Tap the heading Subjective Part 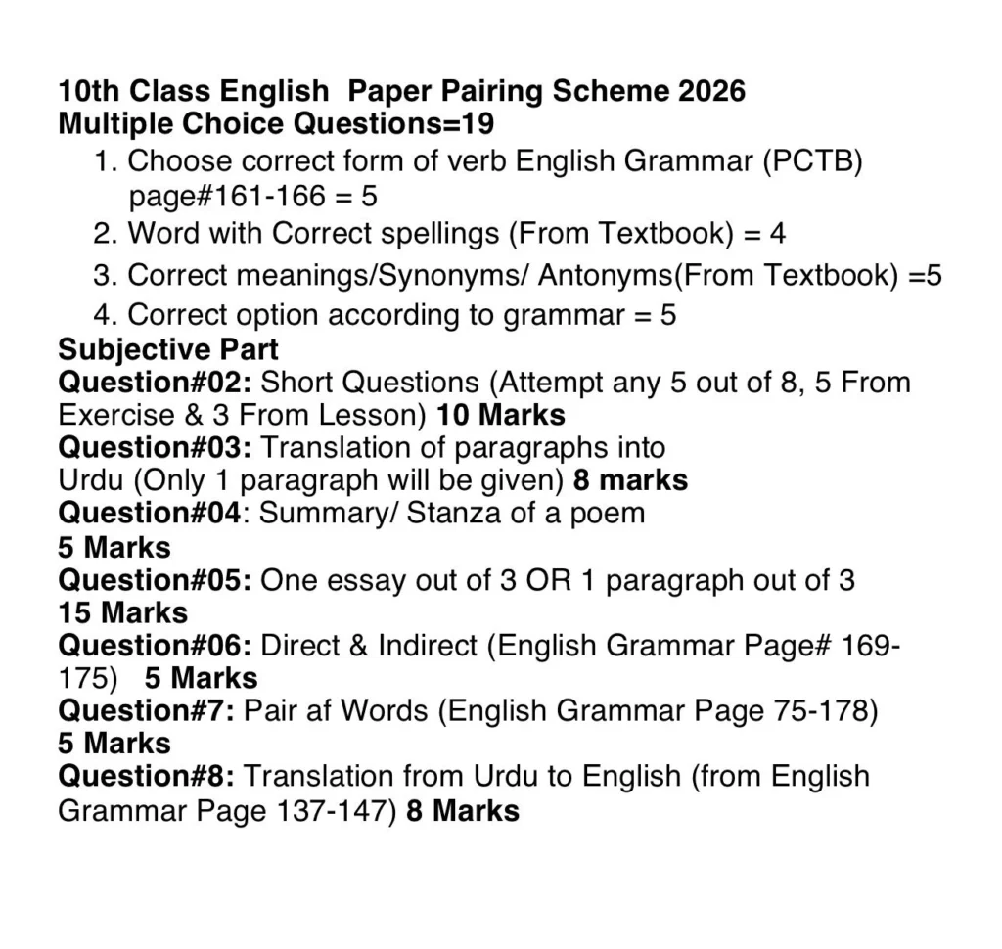coord(168,349)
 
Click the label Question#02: coord(156,382)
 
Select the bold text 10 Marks coord(501,415)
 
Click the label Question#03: coord(156,447)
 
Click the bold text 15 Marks coord(123,612)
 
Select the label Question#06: coord(156,646)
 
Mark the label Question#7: coord(147,711)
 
